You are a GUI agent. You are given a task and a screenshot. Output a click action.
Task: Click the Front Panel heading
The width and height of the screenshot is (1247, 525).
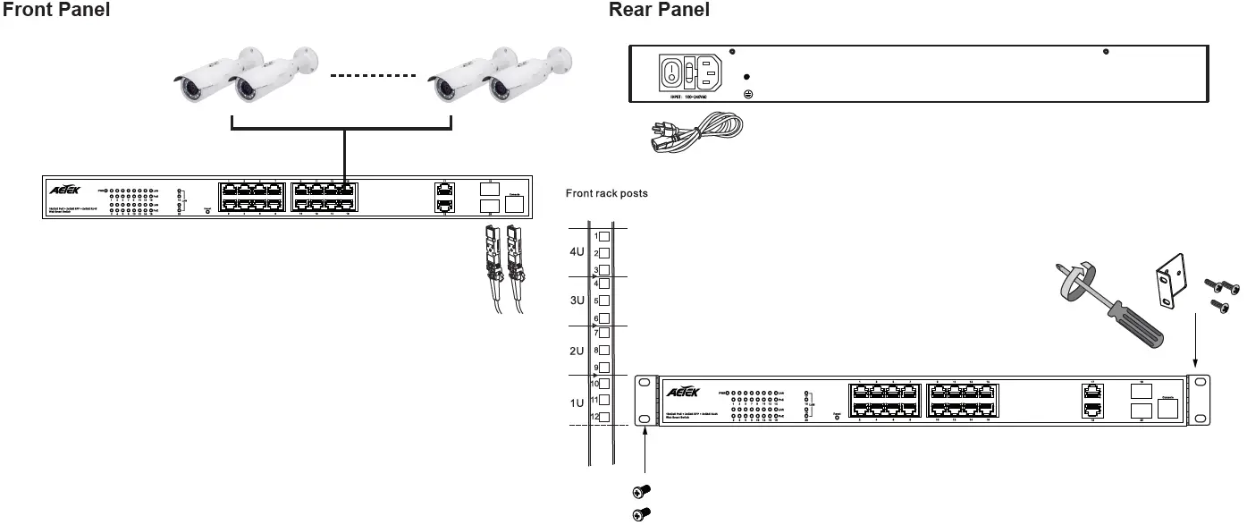click(57, 10)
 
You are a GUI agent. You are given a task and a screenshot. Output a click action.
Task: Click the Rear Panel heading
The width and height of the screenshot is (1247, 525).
click(659, 10)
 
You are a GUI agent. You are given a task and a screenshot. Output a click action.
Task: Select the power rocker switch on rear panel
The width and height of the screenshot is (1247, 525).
click(673, 72)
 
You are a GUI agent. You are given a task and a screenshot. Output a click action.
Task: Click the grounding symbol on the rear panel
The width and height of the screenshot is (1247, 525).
click(748, 94)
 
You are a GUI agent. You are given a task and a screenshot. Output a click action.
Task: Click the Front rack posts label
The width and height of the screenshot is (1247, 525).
click(607, 193)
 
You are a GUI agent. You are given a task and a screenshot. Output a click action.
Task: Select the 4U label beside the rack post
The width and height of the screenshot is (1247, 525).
click(577, 252)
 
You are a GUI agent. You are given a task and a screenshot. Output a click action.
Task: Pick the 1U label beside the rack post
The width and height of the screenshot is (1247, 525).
click(577, 403)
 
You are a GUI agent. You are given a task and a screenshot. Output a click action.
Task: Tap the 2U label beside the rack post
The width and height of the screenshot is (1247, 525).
click(577, 351)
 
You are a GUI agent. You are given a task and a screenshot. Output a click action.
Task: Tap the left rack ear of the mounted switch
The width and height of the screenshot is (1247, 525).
click(644, 401)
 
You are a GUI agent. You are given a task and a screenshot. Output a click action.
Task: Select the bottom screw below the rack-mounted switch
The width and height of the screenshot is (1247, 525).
click(641, 512)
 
